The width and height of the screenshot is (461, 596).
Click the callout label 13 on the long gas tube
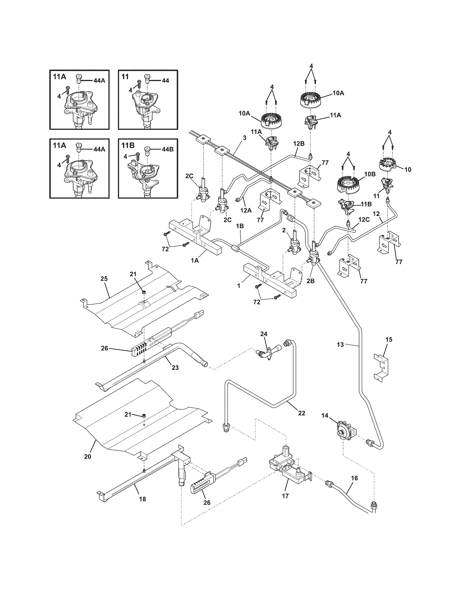(340, 345)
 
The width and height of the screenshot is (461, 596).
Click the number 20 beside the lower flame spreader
(87, 456)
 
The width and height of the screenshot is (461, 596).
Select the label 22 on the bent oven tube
(301, 413)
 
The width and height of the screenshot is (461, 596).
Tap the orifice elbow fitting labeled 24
(264, 354)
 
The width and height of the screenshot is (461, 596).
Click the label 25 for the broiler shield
(104, 278)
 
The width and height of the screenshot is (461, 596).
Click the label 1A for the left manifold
(195, 261)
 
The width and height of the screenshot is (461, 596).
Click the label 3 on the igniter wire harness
(244, 138)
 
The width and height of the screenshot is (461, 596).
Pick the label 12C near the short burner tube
(364, 220)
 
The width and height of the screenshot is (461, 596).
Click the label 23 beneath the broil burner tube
(175, 368)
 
